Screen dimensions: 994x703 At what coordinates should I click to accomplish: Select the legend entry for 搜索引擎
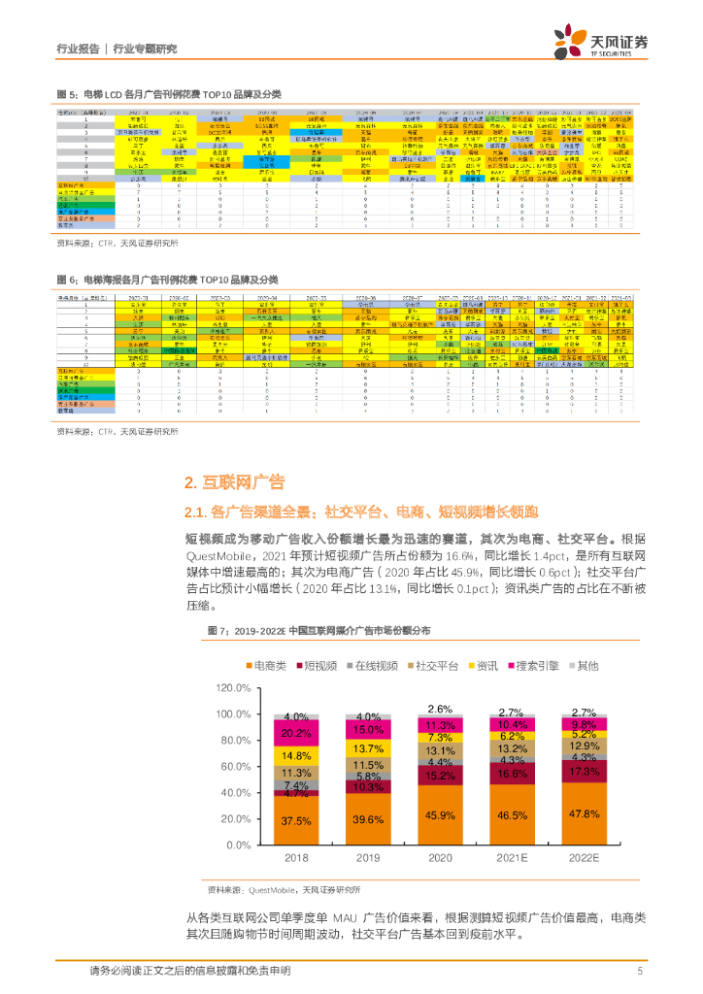pyautogui.click(x=534, y=666)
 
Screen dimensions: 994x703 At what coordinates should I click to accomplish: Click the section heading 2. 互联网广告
pyautogui.click(x=234, y=482)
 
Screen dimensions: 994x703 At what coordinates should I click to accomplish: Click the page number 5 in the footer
pyautogui.click(x=639, y=971)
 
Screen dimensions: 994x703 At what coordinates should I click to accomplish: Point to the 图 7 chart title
pyautogui.click(x=320, y=631)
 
